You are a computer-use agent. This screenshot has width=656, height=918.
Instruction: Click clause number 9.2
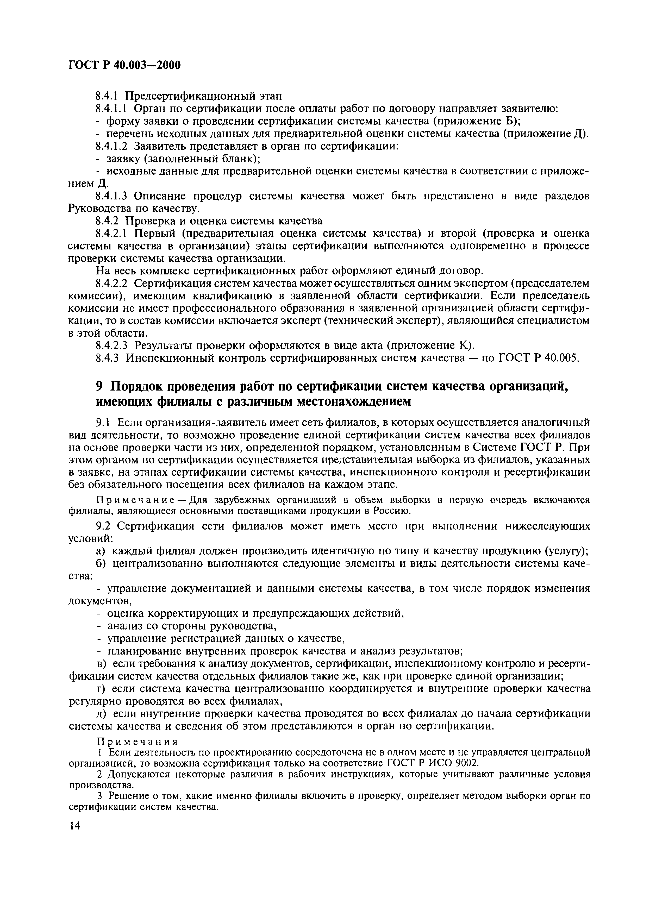click(104, 526)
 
